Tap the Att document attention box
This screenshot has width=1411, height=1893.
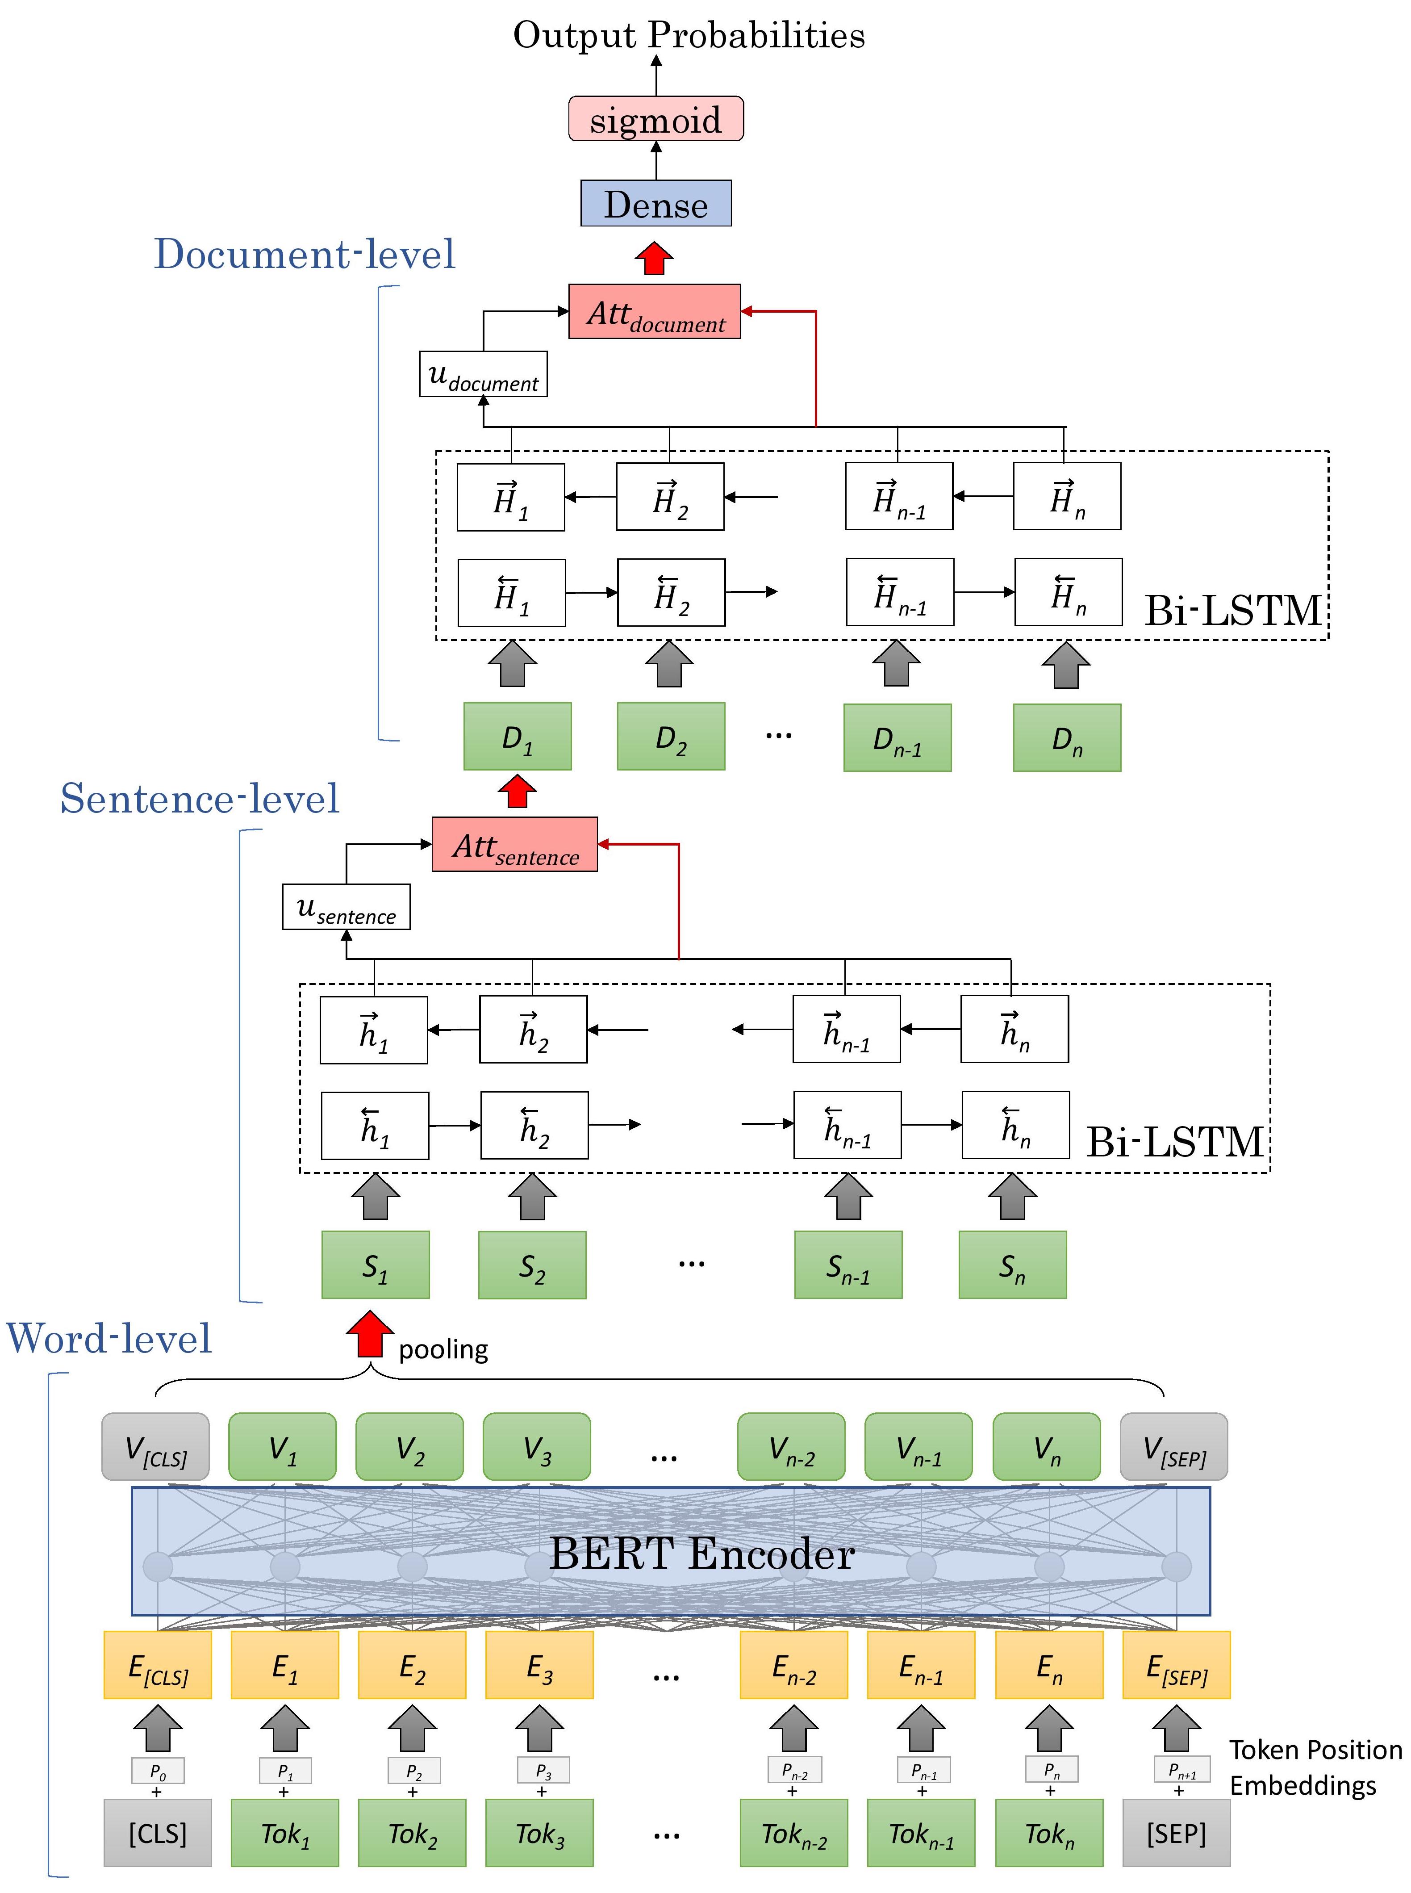tap(654, 312)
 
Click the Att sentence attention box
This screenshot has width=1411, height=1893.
tap(514, 845)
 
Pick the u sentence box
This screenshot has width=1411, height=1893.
tap(346, 907)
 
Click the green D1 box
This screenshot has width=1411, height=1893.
tap(517, 737)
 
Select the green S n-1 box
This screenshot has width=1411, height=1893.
tap(847, 1265)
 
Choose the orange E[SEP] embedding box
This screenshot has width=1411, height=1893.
tap(1176, 1665)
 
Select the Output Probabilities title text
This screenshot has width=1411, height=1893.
tap(689, 36)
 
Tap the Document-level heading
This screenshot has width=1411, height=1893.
tap(304, 255)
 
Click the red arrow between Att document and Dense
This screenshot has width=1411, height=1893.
tap(654, 258)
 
